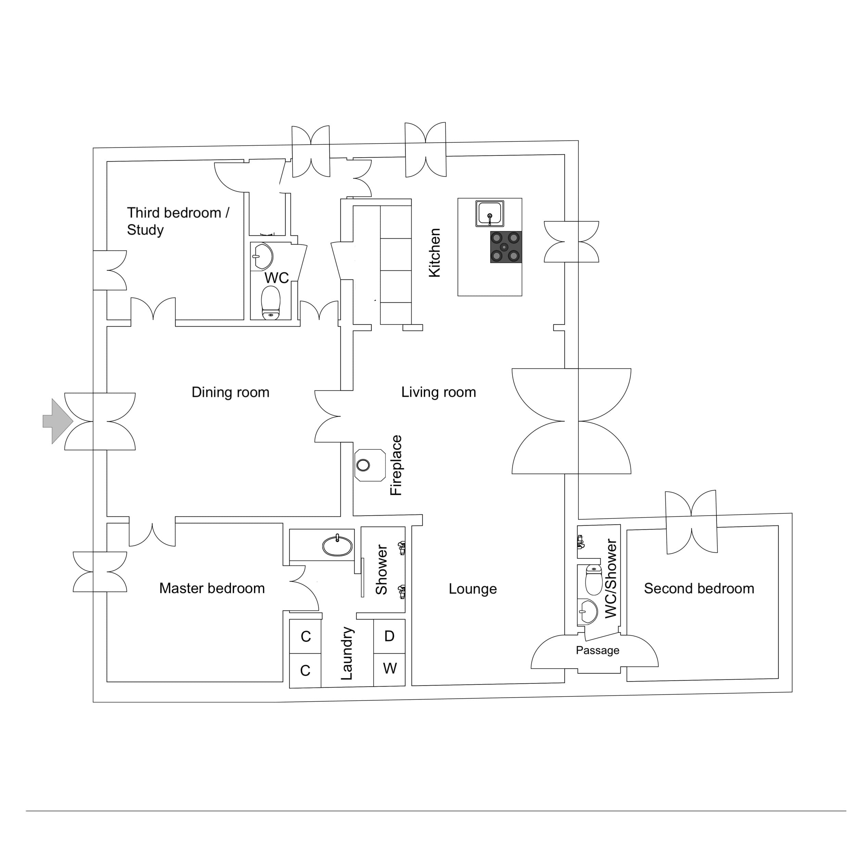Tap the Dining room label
[230, 392]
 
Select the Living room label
[439, 392]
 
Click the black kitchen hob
[505, 247]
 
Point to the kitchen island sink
[490, 214]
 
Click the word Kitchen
[435, 253]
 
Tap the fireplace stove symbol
[369, 465]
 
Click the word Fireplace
[396, 465]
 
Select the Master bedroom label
[212, 588]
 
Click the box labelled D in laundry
[389, 636]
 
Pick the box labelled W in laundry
[389, 668]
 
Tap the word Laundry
[347, 654]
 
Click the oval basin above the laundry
[338, 546]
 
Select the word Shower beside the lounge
[381, 570]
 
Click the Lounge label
[473, 589]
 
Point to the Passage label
[597, 651]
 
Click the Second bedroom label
[699, 588]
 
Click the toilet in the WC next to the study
[271, 303]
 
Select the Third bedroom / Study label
[177, 221]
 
